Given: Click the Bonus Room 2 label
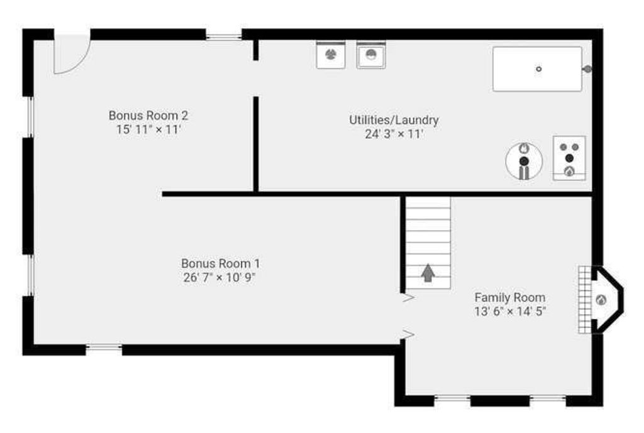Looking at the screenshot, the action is click(x=148, y=116).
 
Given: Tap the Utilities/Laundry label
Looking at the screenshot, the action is click(x=394, y=120).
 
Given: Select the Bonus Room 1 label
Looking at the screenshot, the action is click(x=220, y=263).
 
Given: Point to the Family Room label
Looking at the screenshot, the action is click(x=509, y=297).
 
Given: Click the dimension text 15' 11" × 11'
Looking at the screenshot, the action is click(x=148, y=129).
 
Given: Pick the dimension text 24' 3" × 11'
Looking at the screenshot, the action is click(x=394, y=134).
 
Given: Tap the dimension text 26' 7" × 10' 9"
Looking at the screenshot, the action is click(x=219, y=277).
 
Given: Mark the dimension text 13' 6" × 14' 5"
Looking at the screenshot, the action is click(x=509, y=311).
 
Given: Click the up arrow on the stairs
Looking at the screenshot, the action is click(x=428, y=273).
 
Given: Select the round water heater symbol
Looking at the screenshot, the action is click(x=524, y=161).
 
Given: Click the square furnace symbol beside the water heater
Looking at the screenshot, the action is click(x=569, y=158).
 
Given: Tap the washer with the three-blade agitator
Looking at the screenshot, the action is click(x=331, y=55).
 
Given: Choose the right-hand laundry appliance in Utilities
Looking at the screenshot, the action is click(x=371, y=55).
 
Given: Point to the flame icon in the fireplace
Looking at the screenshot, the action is click(x=601, y=300).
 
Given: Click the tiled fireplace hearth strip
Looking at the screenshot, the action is click(x=585, y=300).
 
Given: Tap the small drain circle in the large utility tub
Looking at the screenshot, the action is click(x=538, y=69).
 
